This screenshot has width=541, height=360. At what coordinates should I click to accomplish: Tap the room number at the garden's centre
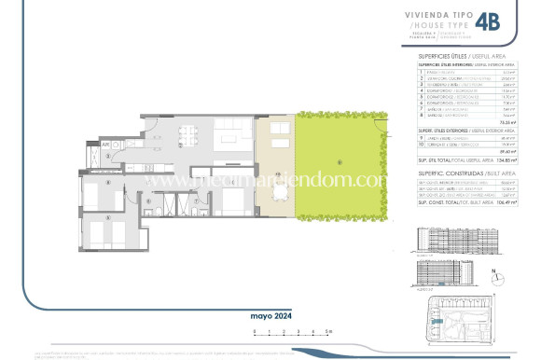click(x=340, y=162)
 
